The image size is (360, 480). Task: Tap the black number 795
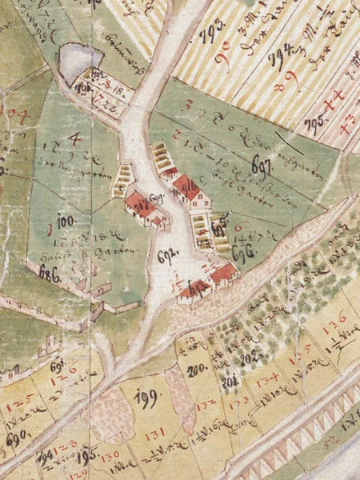tap(314, 122)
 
